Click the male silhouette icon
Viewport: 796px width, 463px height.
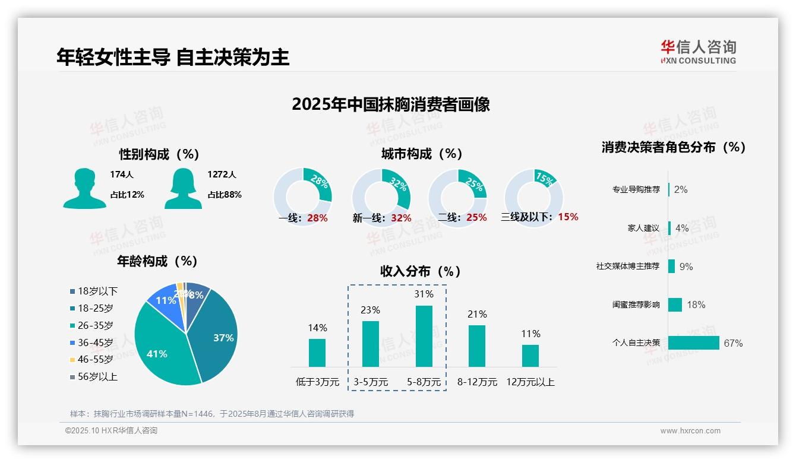[x=84, y=188]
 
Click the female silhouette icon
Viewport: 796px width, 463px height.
[x=183, y=188]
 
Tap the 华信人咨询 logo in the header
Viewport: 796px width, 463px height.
[x=698, y=52]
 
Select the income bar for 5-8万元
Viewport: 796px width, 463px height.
[x=424, y=336]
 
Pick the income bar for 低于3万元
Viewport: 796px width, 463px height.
[x=317, y=353]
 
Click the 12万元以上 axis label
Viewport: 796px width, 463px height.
[x=530, y=382]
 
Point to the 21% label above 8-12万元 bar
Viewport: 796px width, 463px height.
[x=477, y=314]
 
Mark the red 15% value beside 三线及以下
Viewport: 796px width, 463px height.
[x=568, y=217]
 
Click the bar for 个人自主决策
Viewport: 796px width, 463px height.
[x=693, y=343]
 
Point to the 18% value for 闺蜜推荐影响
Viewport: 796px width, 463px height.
[x=696, y=305]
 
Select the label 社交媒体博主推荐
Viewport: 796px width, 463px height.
[x=628, y=267]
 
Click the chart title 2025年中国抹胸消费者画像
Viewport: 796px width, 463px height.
[x=391, y=104]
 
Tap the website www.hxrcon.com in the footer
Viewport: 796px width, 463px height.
[x=690, y=431]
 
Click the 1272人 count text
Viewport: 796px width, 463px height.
[x=222, y=175]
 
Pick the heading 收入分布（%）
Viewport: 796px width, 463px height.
[x=421, y=271]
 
